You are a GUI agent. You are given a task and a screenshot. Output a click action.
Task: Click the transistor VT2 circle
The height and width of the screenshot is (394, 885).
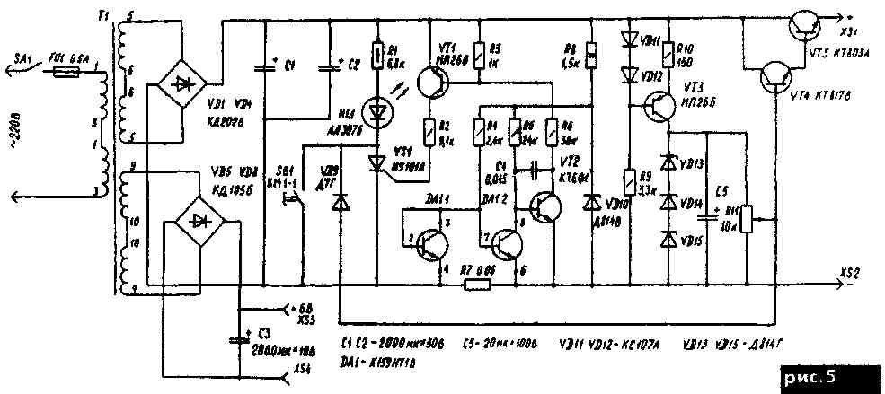tap(544, 205)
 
